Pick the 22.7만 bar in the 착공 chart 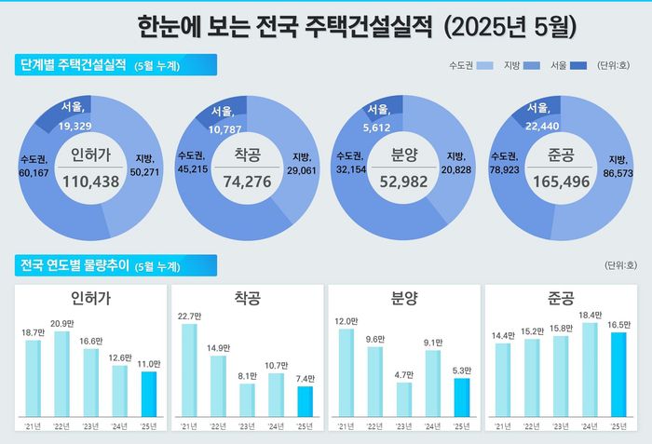[x=189, y=369]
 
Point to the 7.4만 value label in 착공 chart [x=306, y=379]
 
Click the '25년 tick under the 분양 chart [x=461, y=425]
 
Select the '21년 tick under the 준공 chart [x=503, y=425]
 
